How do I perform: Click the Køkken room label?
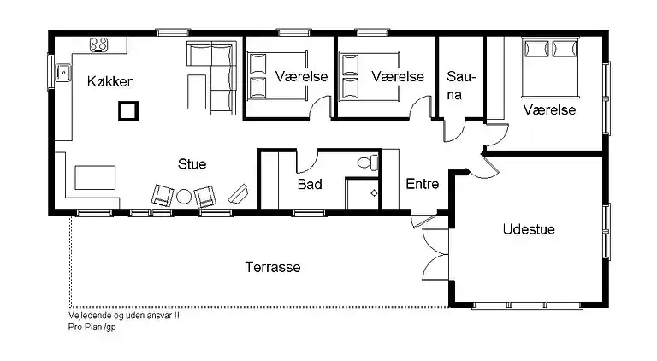tap(110, 81)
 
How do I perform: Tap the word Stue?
tap(192, 163)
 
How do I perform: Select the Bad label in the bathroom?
tap(309, 184)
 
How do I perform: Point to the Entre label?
tap(423, 184)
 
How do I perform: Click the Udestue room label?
tap(529, 229)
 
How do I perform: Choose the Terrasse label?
tap(272, 267)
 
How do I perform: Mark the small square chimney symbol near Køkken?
tap(127, 110)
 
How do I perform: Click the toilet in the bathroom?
tap(365, 162)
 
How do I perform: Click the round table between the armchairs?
tap(184, 197)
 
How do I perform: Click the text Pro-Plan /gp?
tap(92, 327)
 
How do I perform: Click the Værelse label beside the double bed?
tap(548, 110)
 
